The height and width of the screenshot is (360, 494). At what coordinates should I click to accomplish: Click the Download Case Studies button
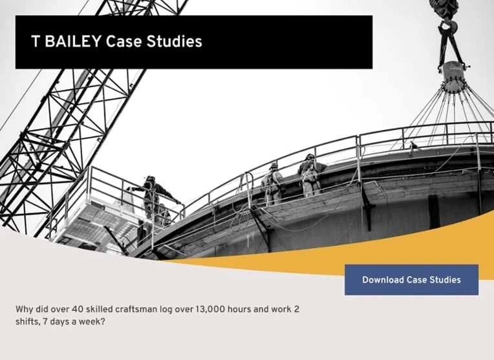click(x=411, y=280)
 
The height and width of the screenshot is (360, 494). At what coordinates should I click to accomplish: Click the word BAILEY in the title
click(x=73, y=41)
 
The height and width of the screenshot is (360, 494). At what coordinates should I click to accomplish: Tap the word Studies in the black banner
click(x=174, y=41)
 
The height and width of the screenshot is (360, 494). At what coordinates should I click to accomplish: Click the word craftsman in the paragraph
click(x=136, y=310)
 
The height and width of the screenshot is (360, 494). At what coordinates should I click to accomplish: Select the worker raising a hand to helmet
click(x=311, y=175)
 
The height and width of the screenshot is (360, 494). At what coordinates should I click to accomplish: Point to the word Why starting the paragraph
click(x=24, y=310)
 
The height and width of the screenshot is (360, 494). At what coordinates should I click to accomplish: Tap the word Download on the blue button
click(x=383, y=280)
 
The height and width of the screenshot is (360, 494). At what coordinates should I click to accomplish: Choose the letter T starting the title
click(x=36, y=41)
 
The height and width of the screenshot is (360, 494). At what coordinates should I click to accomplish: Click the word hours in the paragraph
click(x=239, y=310)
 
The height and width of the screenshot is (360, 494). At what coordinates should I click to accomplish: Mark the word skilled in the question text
click(x=99, y=310)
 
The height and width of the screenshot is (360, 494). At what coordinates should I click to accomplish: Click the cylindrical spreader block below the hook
click(x=454, y=77)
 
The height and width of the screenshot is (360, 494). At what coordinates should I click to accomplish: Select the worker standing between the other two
click(x=272, y=184)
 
